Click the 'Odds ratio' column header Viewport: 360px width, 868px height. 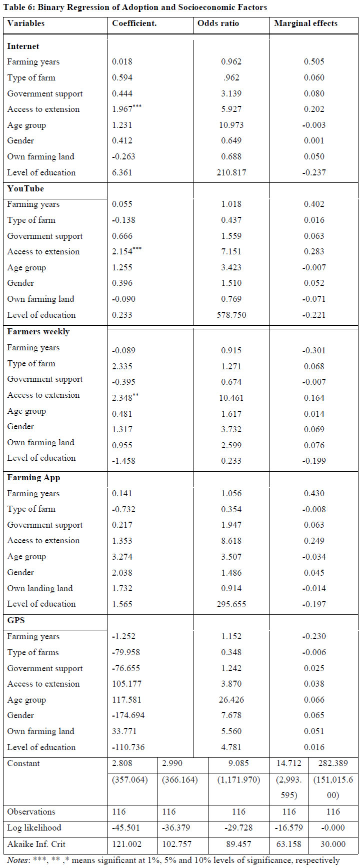[x=218, y=23]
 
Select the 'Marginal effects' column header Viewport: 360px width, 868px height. [x=305, y=23]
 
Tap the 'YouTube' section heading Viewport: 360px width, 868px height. [x=25, y=188]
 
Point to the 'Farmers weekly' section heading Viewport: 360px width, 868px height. [x=38, y=332]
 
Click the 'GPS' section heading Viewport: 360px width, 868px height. [x=16, y=620]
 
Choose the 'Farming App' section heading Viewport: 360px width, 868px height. [x=33, y=478]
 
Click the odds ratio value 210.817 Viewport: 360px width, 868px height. [x=231, y=172]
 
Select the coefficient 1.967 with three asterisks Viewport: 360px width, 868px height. [x=126, y=108]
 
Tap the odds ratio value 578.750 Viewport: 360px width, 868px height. [x=231, y=315]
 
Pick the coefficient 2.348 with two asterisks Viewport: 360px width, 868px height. [x=125, y=398]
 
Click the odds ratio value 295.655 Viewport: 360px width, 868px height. [x=231, y=604]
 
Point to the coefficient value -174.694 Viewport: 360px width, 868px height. [x=128, y=716]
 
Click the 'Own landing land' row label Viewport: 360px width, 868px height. [x=40, y=588]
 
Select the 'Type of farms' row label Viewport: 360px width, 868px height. [x=33, y=653]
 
